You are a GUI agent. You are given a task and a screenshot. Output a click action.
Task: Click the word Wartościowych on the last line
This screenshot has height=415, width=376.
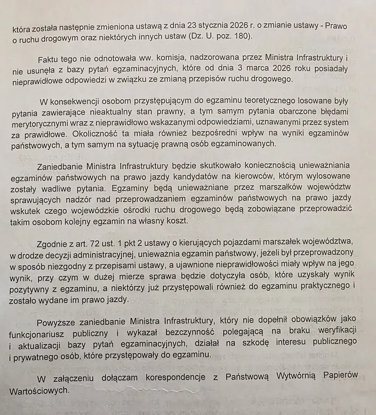(x=39, y=391)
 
